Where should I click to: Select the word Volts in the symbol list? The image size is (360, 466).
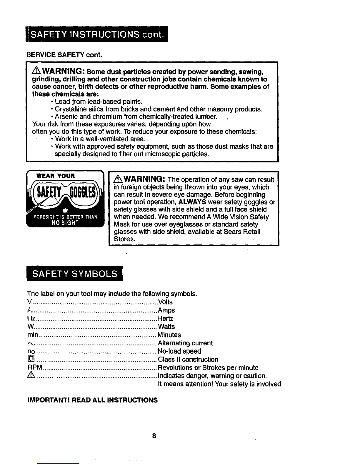click(165, 302)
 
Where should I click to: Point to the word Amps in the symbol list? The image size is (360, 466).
click(166, 310)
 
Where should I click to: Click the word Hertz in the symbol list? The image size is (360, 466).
click(165, 319)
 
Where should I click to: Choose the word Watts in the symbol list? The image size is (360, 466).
click(166, 327)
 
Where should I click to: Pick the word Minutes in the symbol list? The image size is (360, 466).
click(169, 335)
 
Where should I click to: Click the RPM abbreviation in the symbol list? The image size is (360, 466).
click(33, 368)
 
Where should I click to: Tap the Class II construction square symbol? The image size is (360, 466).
click(31, 360)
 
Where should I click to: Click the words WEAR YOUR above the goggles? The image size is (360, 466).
click(55, 176)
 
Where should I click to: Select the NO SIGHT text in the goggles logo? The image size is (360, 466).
click(65, 223)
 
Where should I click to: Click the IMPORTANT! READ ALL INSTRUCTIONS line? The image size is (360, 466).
click(92, 400)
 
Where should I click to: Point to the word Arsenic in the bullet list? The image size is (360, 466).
click(66, 117)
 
